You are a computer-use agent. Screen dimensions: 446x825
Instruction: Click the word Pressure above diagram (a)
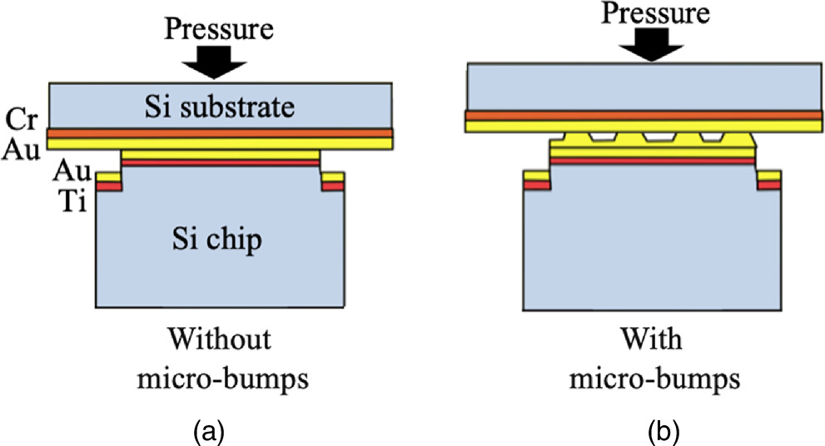220,31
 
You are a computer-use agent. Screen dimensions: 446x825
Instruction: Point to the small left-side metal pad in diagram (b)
535,180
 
